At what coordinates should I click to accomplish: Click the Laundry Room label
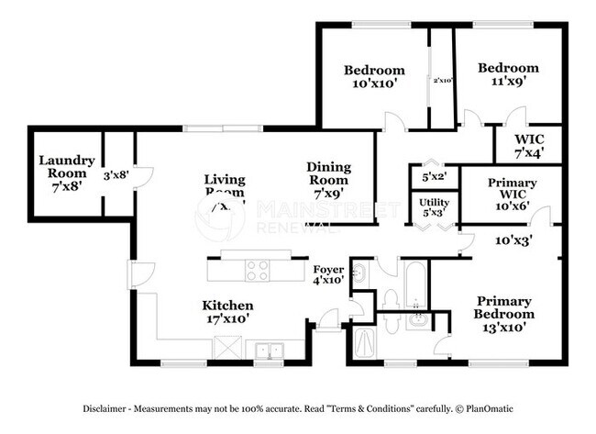[x=62, y=172]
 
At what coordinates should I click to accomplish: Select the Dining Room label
[x=328, y=173]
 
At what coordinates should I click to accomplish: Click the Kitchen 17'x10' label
[x=228, y=312]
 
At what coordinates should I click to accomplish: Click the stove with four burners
[x=257, y=271]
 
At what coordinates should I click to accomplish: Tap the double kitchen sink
[x=270, y=350]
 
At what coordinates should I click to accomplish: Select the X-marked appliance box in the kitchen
[x=226, y=350]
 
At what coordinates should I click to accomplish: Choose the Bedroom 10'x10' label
[x=374, y=77]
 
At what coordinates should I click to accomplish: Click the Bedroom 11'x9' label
[x=509, y=74]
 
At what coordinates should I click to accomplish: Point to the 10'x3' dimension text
[x=514, y=240]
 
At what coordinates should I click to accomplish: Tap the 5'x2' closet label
[x=434, y=176]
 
